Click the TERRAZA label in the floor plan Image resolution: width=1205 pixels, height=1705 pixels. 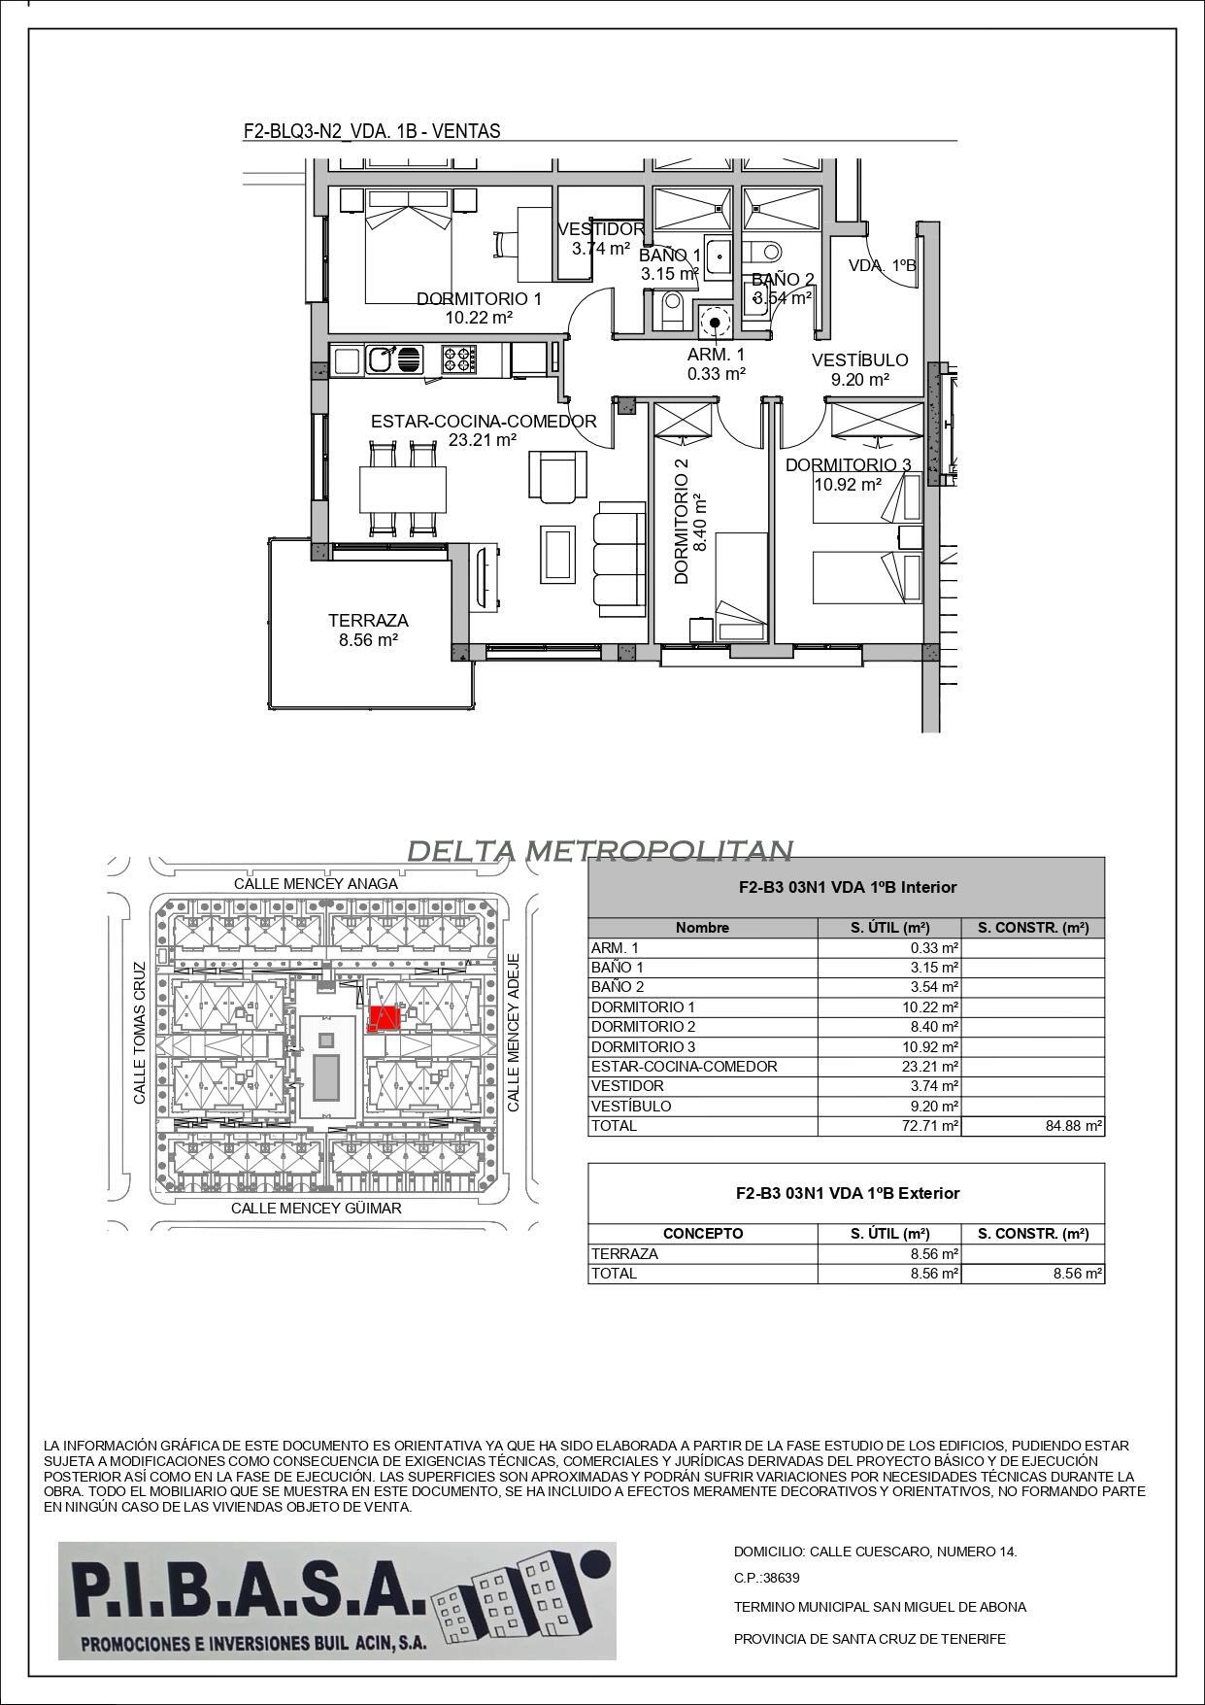pyautogui.click(x=367, y=620)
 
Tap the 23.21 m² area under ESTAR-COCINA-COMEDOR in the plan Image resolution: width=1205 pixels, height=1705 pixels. pyautogui.click(x=483, y=440)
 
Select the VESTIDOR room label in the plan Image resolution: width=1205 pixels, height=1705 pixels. pyautogui.click(x=600, y=229)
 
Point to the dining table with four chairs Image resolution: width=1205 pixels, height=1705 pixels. pyautogui.click(x=402, y=489)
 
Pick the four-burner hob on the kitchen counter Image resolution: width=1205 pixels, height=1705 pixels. pyautogui.click(x=459, y=359)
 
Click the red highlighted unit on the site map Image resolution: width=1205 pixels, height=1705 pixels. pyautogui.click(x=385, y=1019)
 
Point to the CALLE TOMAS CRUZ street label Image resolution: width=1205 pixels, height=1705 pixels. pyautogui.click(x=140, y=1033)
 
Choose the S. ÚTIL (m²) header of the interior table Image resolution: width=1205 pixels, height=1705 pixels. pyautogui.click(x=889, y=927)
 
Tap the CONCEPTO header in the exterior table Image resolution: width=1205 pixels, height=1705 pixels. pyautogui.click(x=702, y=1233)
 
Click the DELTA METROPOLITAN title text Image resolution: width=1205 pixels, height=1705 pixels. pyautogui.click(x=599, y=851)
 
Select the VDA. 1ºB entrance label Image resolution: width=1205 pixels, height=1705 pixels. pyautogui.click(x=882, y=265)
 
